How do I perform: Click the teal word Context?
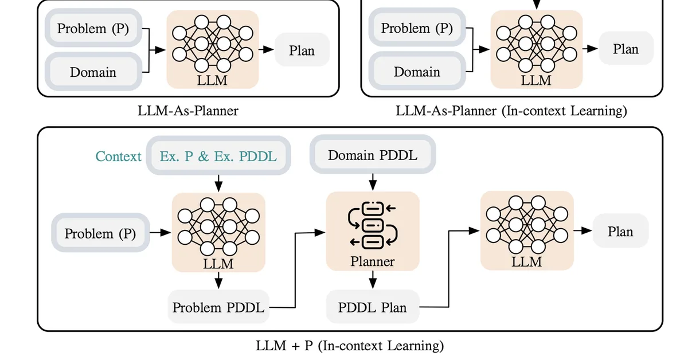(x=118, y=156)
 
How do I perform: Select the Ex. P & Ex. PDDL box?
(x=218, y=156)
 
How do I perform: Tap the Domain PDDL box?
(x=372, y=155)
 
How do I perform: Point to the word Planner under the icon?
(x=372, y=261)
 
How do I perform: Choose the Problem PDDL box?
(x=218, y=307)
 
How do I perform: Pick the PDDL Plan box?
(x=372, y=307)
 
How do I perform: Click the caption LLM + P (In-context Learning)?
(x=350, y=346)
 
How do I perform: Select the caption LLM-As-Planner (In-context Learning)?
(x=511, y=111)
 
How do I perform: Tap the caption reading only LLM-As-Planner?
(x=189, y=111)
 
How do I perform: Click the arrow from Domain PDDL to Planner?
(x=372, y=182)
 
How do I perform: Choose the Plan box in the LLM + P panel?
(x=620, y=232)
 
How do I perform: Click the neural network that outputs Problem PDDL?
(x=218, y=226)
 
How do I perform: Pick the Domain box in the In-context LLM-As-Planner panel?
(x=417, y=72)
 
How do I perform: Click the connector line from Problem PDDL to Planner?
(x=295, y=269)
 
